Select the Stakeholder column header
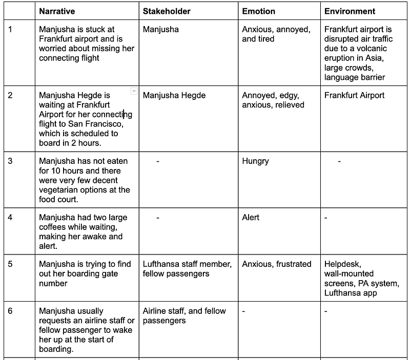[167, 11]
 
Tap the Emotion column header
[258, 11]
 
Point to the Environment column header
[350, 11]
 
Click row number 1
[11, 29]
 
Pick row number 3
[11, 161]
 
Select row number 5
[11, 264]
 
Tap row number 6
[11, 311]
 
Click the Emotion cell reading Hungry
[255, 161]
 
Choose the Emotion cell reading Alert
[251, 217]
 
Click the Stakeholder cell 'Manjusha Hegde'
[174, 95]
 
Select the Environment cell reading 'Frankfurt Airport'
[354, 95]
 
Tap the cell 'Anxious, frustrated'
[277, 264]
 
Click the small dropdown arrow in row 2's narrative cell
[134, 91]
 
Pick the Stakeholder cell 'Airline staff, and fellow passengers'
[184, 315]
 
